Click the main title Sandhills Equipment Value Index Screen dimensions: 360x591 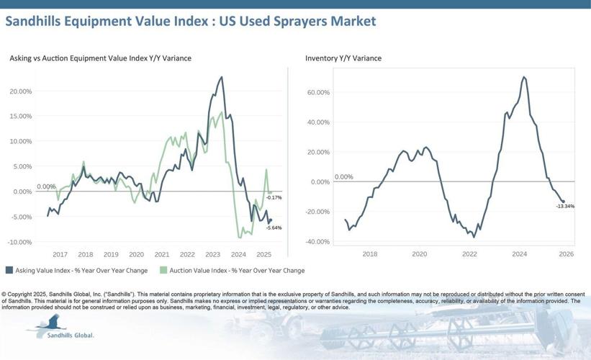(190, 21)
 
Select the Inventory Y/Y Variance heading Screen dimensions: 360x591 (343, 58)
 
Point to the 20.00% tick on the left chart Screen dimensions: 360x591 (20, 91)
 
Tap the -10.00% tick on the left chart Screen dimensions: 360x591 (19, 242)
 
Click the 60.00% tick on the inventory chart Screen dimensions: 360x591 (317, 93)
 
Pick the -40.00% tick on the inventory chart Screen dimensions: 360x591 (317, 241)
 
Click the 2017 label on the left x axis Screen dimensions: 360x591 (60, 254)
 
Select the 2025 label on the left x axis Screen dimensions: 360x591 (263, 254)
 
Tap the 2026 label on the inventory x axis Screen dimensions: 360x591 (566, 254)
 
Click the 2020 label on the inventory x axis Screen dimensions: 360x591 (420, 254)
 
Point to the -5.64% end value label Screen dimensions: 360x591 (274, 228)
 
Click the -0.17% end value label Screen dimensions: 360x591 (274, 197)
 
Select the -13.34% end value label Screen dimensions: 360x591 (565, 206)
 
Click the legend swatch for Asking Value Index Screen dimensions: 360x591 (9, 271)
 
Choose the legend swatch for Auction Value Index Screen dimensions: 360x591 (163, 271)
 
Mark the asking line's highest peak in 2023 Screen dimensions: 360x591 (222, 77)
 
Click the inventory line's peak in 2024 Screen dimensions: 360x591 (524, 77)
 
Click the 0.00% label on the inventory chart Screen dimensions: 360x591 (344, 176)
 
